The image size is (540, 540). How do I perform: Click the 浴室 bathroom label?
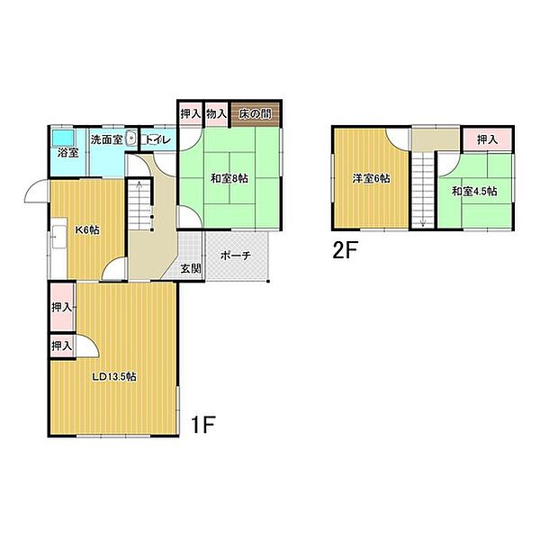(67, 152)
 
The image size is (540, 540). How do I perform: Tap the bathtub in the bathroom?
(63, 138)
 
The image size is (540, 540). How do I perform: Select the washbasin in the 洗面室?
(131, 139)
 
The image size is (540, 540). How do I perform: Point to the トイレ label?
(157, 139)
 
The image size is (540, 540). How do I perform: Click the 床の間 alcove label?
(256, 113)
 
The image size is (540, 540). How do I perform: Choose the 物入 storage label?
(216, 113)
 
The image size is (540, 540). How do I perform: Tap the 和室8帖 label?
(229, 179)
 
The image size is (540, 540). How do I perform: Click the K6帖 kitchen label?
(87, 229)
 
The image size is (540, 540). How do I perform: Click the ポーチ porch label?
(236, 256)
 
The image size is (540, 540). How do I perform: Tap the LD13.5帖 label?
(114, 376)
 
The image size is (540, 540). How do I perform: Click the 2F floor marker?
(346, 250)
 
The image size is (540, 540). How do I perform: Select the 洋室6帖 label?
(371, 179)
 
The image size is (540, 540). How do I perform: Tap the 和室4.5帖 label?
(474, 191)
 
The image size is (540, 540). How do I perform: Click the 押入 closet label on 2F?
(487, 139)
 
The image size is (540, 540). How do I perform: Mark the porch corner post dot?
(268, 282)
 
